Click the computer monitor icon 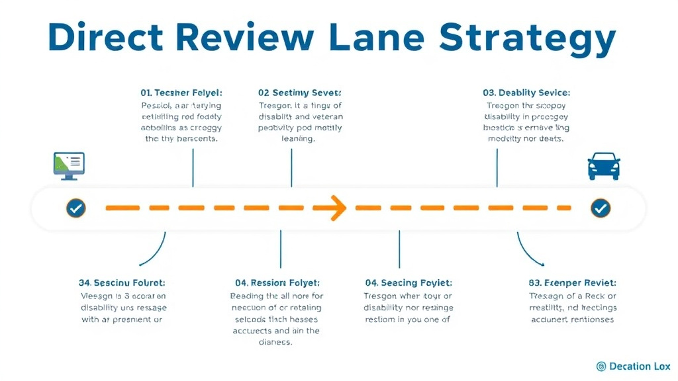pos(69,165)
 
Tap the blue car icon pos(603,166)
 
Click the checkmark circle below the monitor pos(75,208)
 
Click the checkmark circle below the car pos(601,208)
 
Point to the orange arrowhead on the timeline pos(338,208)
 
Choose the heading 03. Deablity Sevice pos(526,93)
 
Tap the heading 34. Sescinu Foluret pos(122,282)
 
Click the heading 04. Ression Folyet pos(277,282)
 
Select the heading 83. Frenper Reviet pos(572,282)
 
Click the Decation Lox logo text pos(640,366)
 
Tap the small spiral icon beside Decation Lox pos(601,366)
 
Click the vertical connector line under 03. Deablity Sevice pos(497,167)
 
